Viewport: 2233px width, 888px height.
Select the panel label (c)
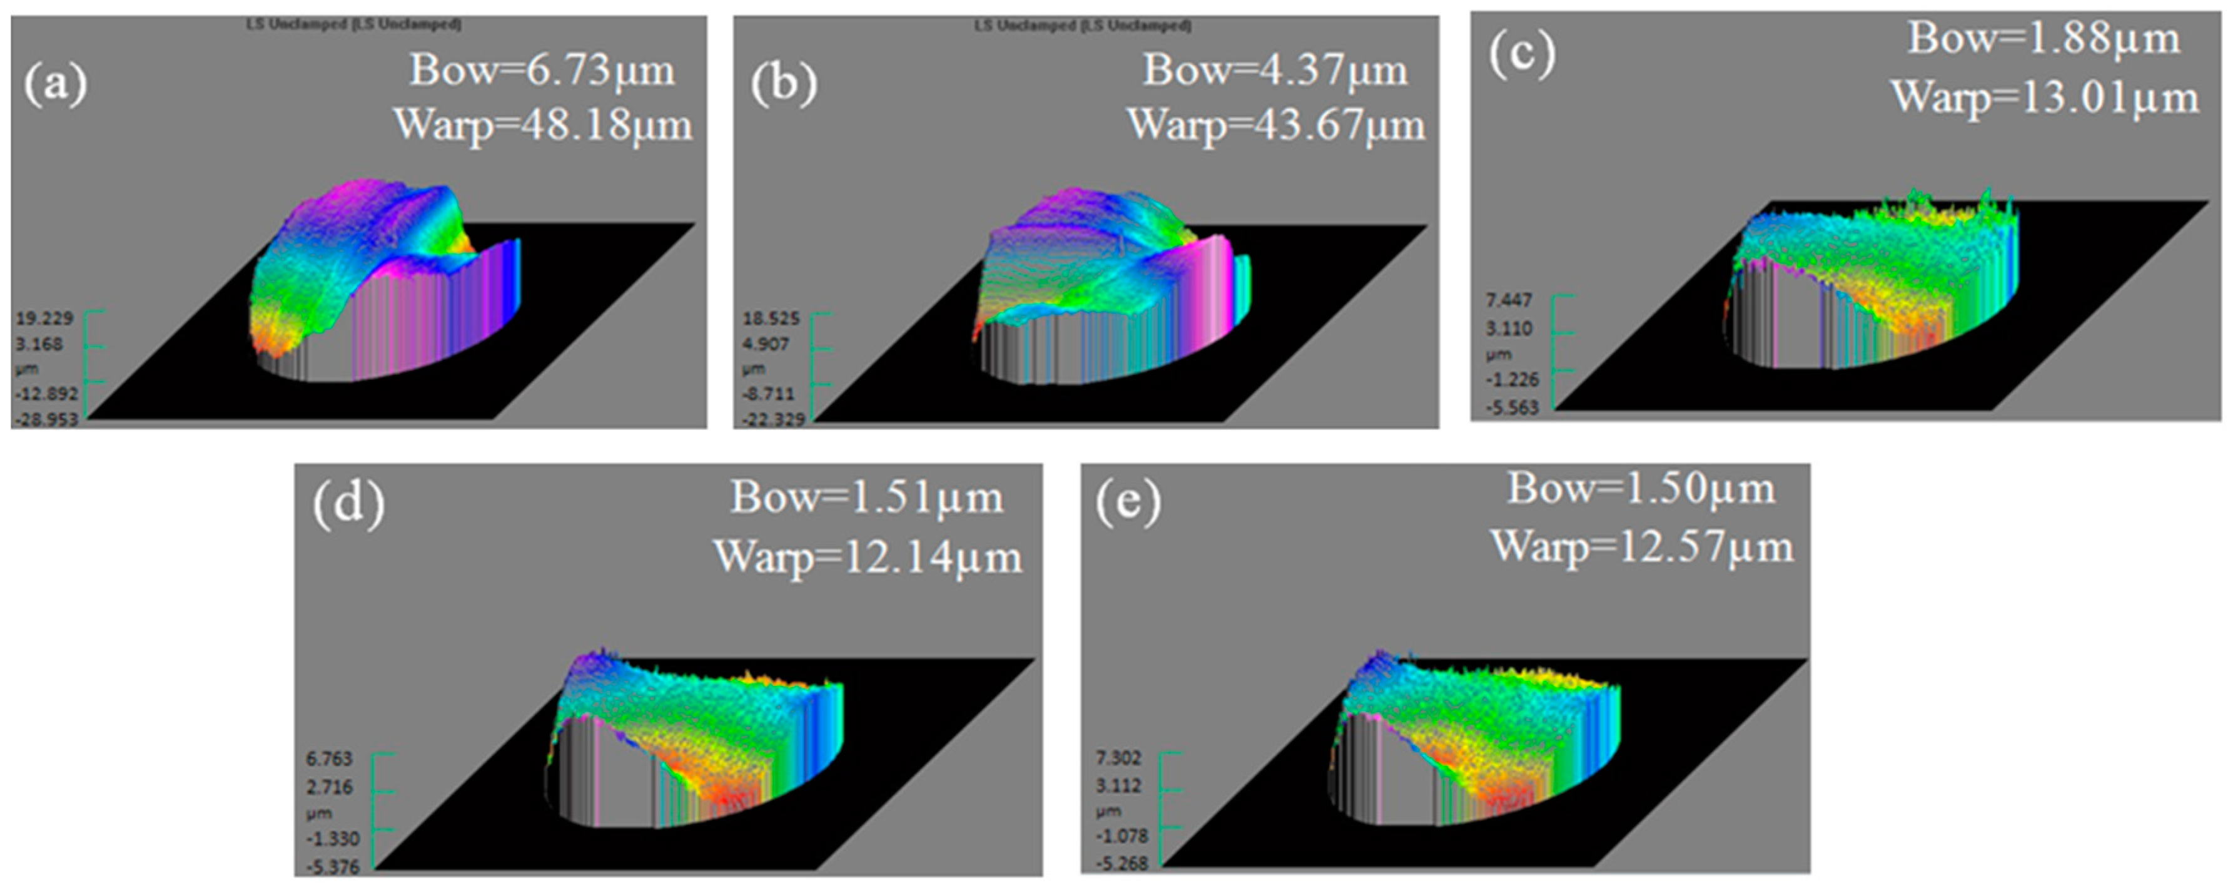pyautogui.click(x=1522, y=53)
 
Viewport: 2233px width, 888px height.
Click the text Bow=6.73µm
pyautogui.click(x=542, y=69)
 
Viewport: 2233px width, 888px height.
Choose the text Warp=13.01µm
pyautogui.click(x=2045, y=97)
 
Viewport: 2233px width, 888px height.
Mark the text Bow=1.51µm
pyautogui.click(x=867, y=498)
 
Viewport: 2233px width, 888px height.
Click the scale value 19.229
pyautogui.click(x=44, y=319)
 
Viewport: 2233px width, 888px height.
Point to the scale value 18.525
pyautogui.click(x=771, y=319)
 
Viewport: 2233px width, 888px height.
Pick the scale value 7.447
pyautogui.click(x=1509, y=300)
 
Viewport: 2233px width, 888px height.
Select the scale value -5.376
pyautogui.click(x=332, y=866)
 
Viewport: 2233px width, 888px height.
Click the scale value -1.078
pyautogui.click(x=1122, y=836)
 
